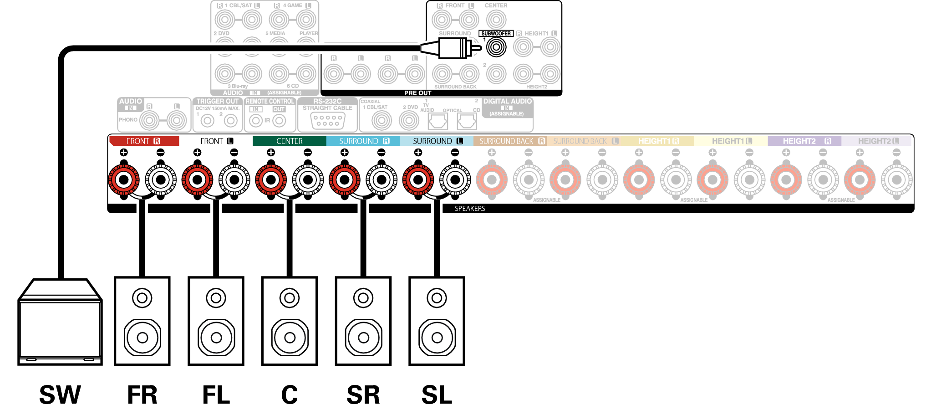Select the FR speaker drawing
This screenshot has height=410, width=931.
pyautogui.click(x=142, y=321)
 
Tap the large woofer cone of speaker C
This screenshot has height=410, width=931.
pyautogui.click(x=290, y=338)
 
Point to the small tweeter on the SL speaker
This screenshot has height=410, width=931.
pyautogui.click(x=437, y=298)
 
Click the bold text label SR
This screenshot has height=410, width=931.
pyautogui.click(x=363, y=395)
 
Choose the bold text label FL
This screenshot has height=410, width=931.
pyautogui.click(x=216, y=395)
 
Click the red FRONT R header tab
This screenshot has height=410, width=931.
pyautogui.click(x=144, y=141)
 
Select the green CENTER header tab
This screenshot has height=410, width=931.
pyautogui.click(x=289, y=141)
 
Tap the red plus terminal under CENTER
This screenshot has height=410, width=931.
pyautogui.click(x=271, y=179)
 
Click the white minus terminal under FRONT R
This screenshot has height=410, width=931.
pyautogui.click(x=161, y=179)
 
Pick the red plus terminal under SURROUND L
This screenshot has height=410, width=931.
pyautogui.click(x=418, y=179)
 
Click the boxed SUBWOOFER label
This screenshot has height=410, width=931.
pyautogui.click(x=496, y=33)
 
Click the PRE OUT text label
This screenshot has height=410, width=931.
pyautogui.click(x=417, y=93)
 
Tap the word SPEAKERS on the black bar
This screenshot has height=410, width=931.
pyautogui.click(x=470, y=209)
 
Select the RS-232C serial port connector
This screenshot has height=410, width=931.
pyautogui.click(x=328, y=120)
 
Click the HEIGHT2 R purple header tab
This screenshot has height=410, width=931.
pyautogui.click(x=804, y=141)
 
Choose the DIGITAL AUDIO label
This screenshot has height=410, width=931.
pyautogui.click(x=507, y=101)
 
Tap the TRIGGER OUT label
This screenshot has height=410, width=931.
pyautogui.click(x=217, y=101)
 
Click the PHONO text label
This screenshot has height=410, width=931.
pyautogui.click(x=128, y=120)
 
